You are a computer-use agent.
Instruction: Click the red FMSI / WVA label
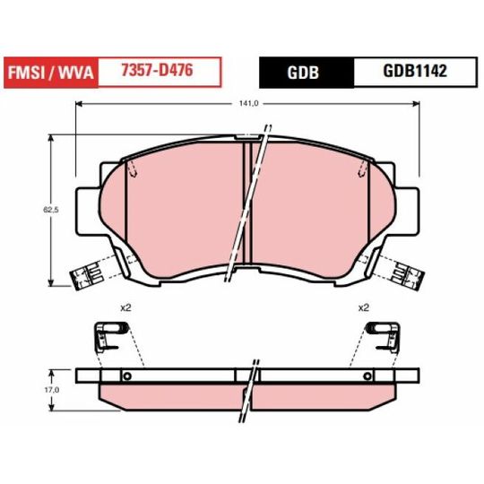click(x=51, y=73)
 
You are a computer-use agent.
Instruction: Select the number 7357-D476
click(x=157, y=70)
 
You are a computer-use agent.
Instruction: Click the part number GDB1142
click(x=415, y=71)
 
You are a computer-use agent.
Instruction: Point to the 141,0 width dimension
click(x=248, y=104)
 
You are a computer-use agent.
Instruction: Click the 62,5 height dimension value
click(x=50, y=210)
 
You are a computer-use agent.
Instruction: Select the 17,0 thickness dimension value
click(x=52, y=390)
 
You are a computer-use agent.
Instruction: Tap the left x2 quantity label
click(x=125, y=307)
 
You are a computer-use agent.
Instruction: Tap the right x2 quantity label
click(x=364, y=307)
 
